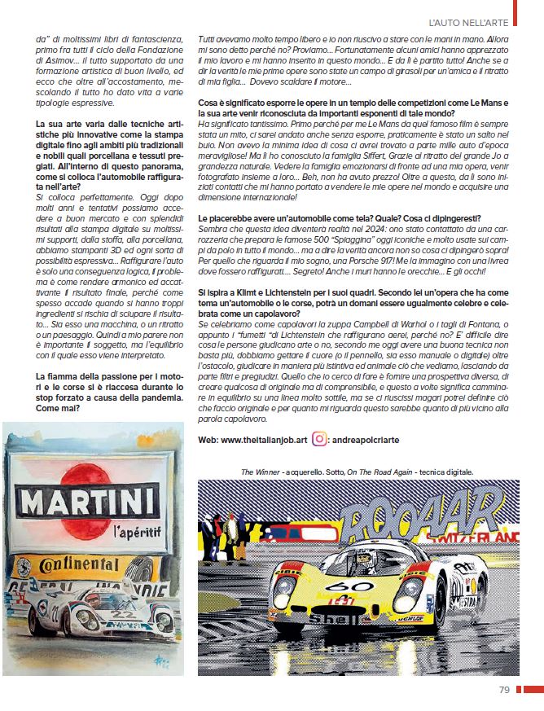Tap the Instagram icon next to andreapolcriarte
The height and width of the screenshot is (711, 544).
322,438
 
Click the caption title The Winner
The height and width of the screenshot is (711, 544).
259,471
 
